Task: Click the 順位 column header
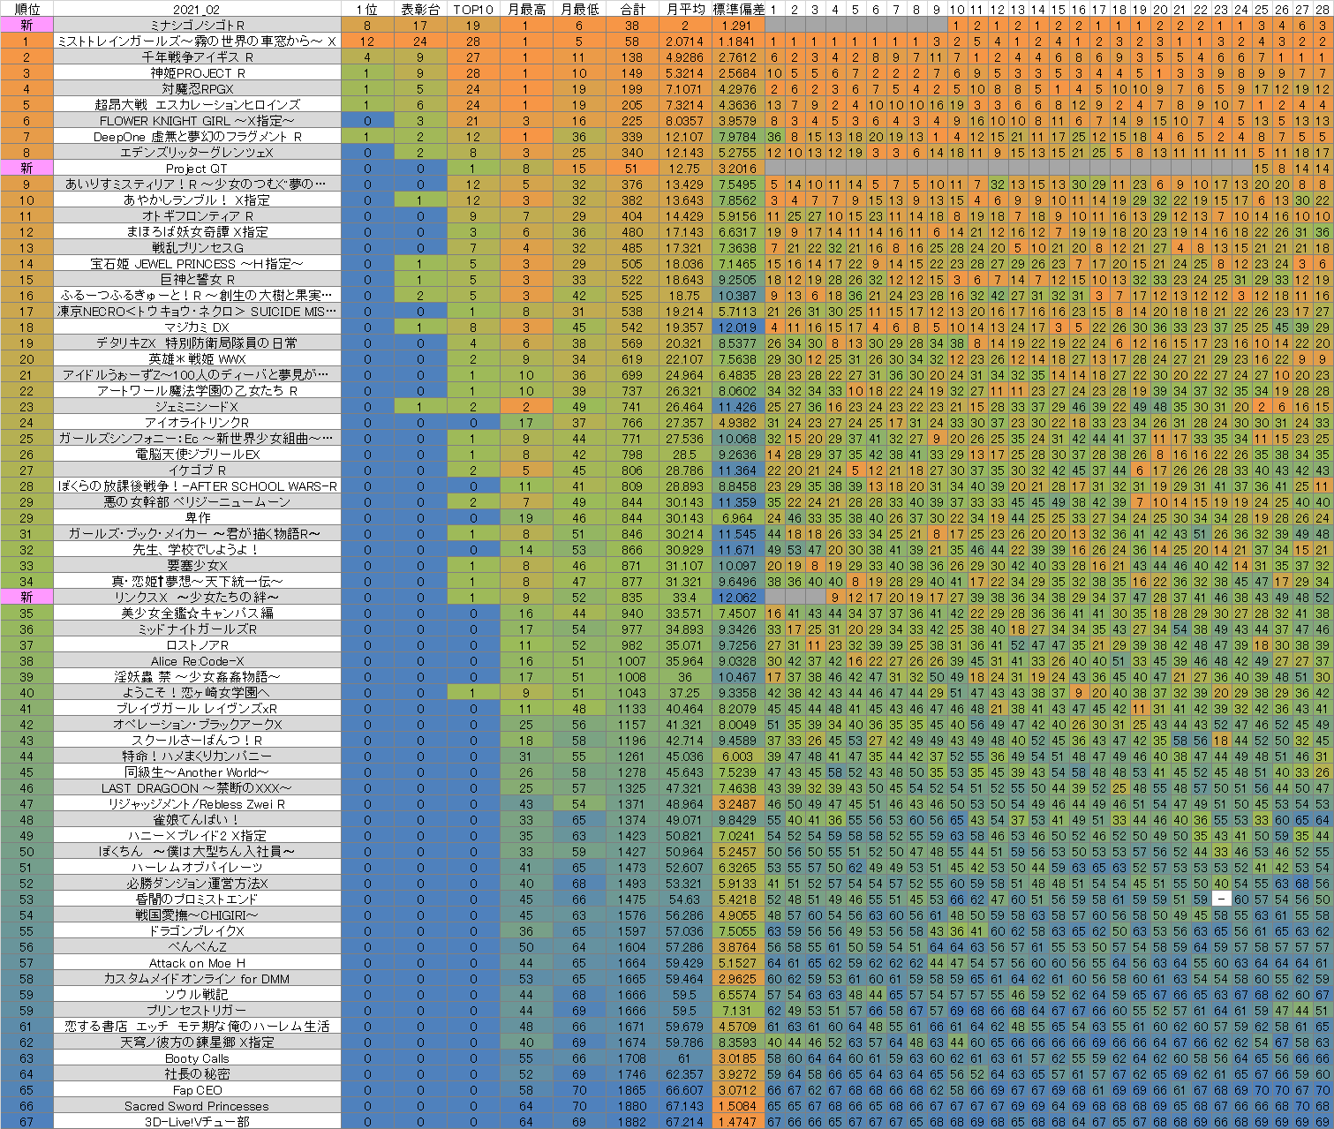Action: pyautogui.click(x=26, y=9)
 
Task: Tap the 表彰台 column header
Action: pyautogui.click(x=419, y=9)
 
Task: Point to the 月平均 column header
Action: pyautogui.click(x=684, y=9)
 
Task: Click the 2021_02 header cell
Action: pyautogui.click(x=196, y=9)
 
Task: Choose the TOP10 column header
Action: pyautogui.click(x=473, y=9)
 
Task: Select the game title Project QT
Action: pyautogui.click(x=196, y=169)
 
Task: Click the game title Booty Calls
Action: pyautogui.click(x=196, y=1058)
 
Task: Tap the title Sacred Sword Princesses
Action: pyautogui.click(x=196, y=1106)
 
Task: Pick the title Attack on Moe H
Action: pyautogui.click(x=196, y=963)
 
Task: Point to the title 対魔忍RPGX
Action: pyautogui.click(x=196, y=89)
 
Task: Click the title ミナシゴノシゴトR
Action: pyautogui.click(x=196, y=26)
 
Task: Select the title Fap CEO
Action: pyautogui.click(x=196, y=1090)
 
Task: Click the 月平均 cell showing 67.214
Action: pyautogui.click(x=684, y=1122)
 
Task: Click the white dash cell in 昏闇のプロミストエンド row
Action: pyautogui.click(x=1221, y=899)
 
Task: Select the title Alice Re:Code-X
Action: pyautogui.click(x=196, y=661)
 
